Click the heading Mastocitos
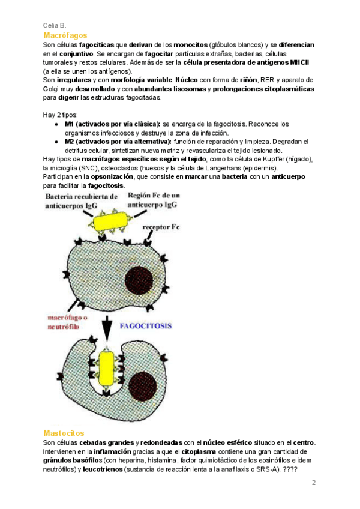[x=64, y=433]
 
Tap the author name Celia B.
[x=55, y=25]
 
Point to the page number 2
[x=313, y=483]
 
